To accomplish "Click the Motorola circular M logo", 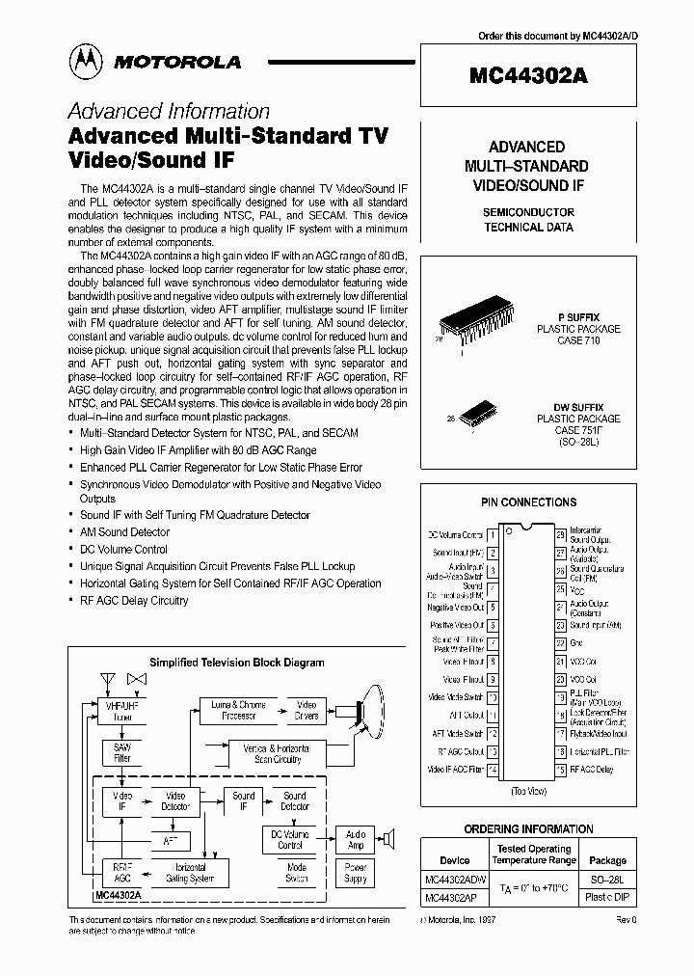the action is click(86, 60).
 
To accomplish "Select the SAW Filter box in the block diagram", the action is click(121, 752).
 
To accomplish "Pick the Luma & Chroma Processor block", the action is click(238, 711).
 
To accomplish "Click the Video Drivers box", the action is click(306, 711).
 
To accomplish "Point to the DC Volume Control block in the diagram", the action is click(290, 839).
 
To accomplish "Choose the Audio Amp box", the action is click(356, 839).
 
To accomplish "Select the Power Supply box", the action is click(356, 874).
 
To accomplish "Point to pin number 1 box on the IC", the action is click(493, 534).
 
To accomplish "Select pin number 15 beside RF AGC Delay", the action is click(559, 770).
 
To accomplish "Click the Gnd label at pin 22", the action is click(577, 642).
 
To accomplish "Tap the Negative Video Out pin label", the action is click(455, 608).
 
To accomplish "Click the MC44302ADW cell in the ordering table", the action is click(454, 881).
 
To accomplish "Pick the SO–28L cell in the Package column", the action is click(607, 881).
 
